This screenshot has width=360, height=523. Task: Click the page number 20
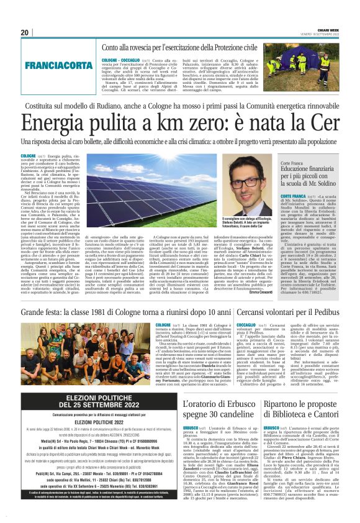coord(25,32)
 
